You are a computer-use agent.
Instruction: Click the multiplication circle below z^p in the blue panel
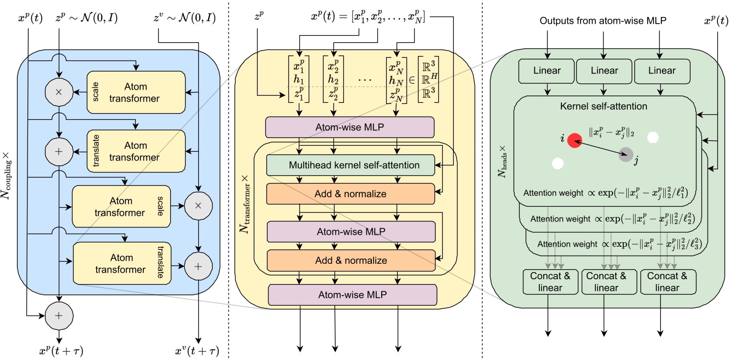[58, 92]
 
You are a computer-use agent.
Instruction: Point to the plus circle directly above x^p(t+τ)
[58, 315]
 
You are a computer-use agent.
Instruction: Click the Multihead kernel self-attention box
[350, 164]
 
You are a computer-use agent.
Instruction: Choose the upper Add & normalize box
[350, 193]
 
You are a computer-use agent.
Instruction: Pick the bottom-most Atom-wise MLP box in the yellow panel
[352, 295]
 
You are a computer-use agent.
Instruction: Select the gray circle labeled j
[625, 155]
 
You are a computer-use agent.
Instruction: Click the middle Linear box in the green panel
[604, 70]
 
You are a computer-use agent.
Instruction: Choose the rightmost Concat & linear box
[667, 282]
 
